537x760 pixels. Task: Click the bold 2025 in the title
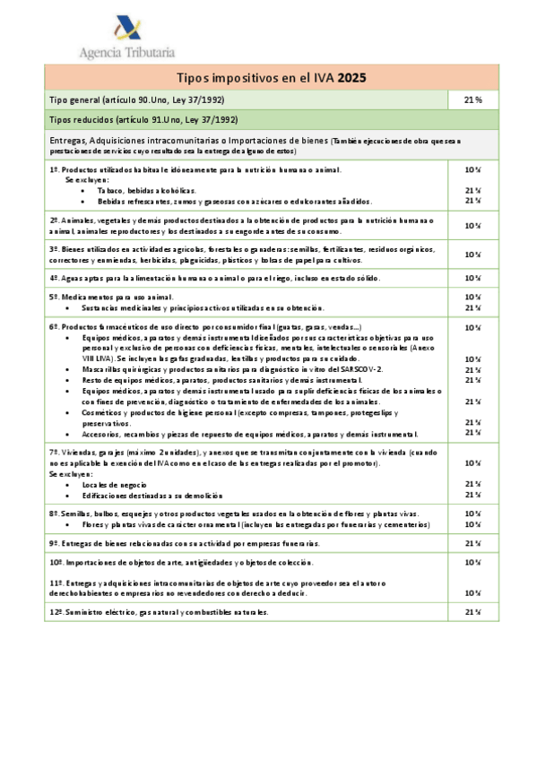(351, 78)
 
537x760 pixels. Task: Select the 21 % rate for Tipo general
(472, 99)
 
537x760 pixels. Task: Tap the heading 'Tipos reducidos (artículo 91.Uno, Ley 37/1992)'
(143, 119)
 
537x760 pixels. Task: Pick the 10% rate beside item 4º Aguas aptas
(472, 278)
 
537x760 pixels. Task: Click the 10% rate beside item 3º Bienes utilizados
(472, 254)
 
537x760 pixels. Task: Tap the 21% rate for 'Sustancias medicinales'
(472, 307)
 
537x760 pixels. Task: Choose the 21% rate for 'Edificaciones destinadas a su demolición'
(472, 495)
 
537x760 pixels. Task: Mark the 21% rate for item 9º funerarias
(472, 543)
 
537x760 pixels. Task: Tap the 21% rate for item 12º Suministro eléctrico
(472, 611)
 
